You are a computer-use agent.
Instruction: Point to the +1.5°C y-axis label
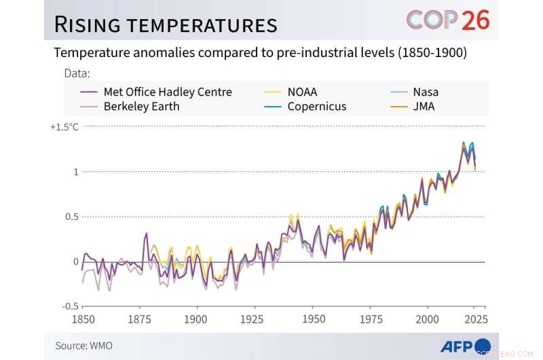pos(64,127)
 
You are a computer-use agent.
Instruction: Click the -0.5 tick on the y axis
pos(70,306)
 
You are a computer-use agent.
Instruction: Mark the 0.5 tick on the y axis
pos(71,217)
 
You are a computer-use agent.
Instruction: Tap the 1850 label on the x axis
pos(83,319)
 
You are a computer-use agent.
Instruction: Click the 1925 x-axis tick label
pos(255,319)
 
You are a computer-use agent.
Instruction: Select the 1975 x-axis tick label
pos(370,319)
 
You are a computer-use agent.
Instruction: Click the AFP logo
pos(465,346)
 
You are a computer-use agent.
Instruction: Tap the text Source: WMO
pos(84,346)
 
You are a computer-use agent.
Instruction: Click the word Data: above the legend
pos(77,73)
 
